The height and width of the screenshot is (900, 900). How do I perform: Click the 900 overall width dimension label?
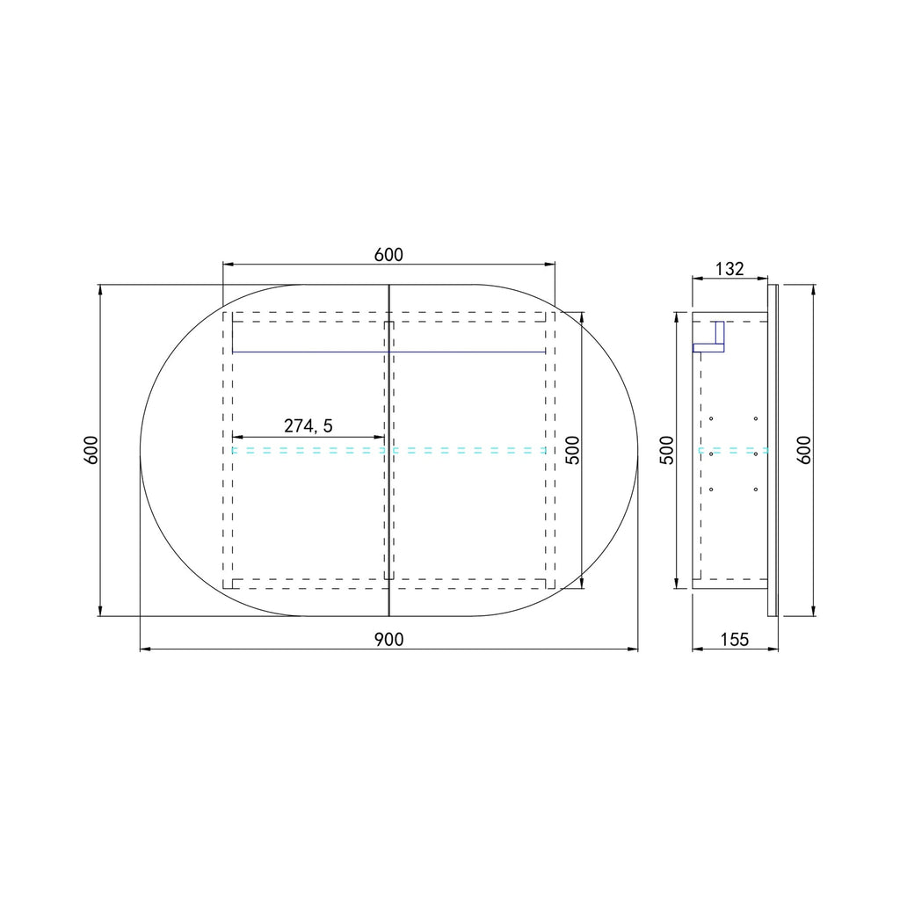[389, 640]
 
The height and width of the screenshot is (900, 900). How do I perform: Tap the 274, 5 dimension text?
[308, 426]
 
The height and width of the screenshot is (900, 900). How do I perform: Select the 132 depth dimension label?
[729, 269]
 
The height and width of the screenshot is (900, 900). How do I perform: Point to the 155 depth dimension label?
[735, 640]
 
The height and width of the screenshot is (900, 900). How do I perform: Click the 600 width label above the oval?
[388, 254]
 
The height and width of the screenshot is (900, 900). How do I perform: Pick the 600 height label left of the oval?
[91, 450]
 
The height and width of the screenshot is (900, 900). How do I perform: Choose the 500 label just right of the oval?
[573, 450]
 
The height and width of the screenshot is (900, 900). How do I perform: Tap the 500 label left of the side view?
[666, 450]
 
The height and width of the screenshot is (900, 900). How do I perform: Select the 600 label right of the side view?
[804, 450]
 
